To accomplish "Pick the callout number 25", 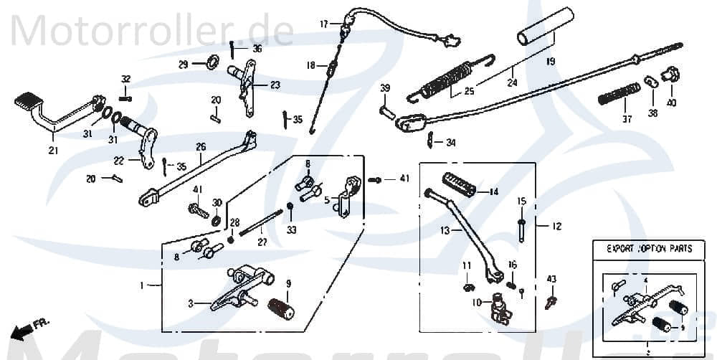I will (x=469, y=91).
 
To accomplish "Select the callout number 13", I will (x=445, y=232).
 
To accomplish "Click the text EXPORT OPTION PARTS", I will (x=649, y=249).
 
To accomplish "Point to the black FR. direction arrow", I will (x=22, y=330).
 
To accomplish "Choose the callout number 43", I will (x=551, y=279).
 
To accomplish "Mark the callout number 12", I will (x=556, y=227).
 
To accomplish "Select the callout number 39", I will (x=385, y=88).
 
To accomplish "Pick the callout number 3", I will (x=191, y=304).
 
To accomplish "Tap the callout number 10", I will (x=477, y=302).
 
